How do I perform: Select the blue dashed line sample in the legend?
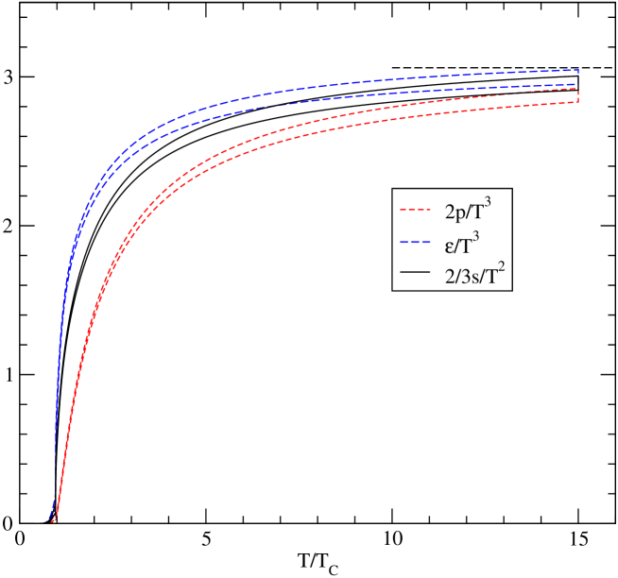(416, 243)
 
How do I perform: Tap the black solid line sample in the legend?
(416, 276)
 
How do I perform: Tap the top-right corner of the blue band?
(577, 71)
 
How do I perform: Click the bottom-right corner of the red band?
(577, 102)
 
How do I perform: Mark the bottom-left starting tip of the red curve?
(55, 520)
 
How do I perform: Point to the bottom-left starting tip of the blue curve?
(47, 518)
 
